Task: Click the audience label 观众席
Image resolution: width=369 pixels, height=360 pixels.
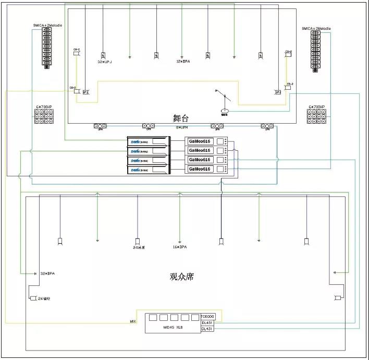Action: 181,277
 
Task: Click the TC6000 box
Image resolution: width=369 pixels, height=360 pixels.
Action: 207,317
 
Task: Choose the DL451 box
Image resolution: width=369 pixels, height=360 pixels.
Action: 207,323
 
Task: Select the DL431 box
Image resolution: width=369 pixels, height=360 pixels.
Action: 207,329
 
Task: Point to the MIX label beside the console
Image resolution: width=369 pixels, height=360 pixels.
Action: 133,321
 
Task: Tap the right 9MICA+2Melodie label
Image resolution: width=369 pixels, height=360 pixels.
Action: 316,29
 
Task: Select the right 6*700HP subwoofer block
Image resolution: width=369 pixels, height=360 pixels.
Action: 316,116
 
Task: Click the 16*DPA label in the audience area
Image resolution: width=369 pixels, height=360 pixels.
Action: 180,246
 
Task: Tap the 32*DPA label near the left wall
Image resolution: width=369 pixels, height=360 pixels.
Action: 47,273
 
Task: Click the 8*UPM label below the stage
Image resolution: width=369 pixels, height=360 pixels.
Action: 181,127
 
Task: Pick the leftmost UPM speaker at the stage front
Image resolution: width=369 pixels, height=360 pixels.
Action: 100,126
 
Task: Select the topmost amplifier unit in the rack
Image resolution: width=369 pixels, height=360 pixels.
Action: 149,141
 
